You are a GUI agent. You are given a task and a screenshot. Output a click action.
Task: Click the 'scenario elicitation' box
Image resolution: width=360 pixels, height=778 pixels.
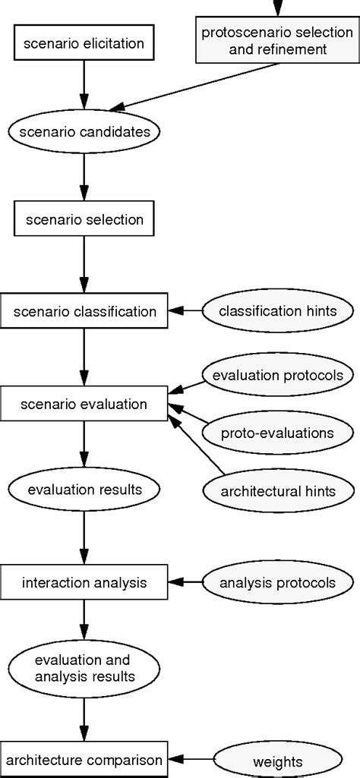(84, 43)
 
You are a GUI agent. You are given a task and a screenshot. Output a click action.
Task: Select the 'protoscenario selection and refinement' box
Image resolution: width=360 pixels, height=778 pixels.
(274, 41)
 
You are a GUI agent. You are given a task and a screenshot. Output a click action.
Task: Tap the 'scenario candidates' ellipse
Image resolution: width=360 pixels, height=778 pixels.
(84, 131)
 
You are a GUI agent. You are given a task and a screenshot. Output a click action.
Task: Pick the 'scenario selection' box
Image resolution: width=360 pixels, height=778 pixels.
(84, 221)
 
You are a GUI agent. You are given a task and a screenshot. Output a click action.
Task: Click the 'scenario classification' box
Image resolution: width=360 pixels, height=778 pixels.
(84, 310)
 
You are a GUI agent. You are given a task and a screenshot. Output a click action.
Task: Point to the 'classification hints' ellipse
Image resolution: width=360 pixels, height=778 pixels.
(279, 310)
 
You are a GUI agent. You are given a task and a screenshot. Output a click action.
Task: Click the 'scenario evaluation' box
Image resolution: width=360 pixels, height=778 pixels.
(84, 404)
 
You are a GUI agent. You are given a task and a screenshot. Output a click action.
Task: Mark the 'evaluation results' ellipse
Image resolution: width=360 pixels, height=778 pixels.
(84, 490)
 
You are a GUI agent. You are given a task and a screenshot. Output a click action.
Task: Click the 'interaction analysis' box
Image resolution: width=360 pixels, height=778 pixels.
(84, 582)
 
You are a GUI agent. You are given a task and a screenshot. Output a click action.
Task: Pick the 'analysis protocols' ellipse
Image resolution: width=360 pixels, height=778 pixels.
(279, 582)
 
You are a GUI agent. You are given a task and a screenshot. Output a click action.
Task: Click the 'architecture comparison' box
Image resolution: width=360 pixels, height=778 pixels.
(84, 759)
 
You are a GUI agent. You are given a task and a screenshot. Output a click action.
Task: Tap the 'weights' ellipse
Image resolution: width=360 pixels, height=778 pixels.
(279, 760)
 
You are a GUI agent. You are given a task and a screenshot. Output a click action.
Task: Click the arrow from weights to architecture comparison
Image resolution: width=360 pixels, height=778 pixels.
(190, 759)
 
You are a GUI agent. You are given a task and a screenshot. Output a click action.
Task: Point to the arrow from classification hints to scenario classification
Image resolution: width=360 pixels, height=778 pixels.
(185, 310)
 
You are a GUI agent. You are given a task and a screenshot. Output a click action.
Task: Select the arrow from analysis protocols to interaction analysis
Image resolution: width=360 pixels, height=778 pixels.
(185, 582)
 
